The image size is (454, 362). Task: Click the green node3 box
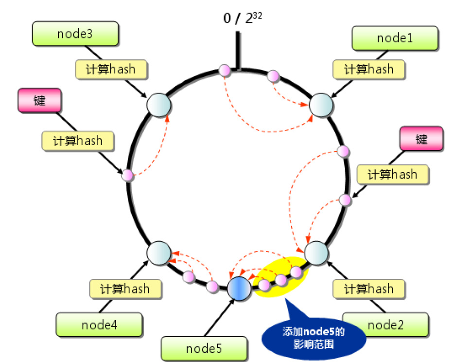point(75,34)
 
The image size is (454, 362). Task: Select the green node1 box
point(395,38)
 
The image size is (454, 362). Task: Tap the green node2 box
point(385,325)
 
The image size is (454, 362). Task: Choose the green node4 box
point(99,325)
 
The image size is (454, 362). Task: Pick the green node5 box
point(204,348)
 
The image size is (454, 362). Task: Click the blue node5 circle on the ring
point(239,287)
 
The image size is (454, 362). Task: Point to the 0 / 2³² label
point(240,18)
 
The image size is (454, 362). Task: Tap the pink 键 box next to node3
point(39,100)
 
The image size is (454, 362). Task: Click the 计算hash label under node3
point(111,69)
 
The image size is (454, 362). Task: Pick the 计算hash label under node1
point(369,69)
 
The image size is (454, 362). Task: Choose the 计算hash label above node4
point(125,289)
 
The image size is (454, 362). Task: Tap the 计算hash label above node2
point(369,289)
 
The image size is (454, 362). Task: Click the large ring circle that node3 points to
point(158,105)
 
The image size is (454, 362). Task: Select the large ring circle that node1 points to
point(321,105)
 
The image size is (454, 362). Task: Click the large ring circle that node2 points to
point(316,253)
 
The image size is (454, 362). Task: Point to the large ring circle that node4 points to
point(159,253)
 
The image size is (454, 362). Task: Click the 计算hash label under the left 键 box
point(78,141)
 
